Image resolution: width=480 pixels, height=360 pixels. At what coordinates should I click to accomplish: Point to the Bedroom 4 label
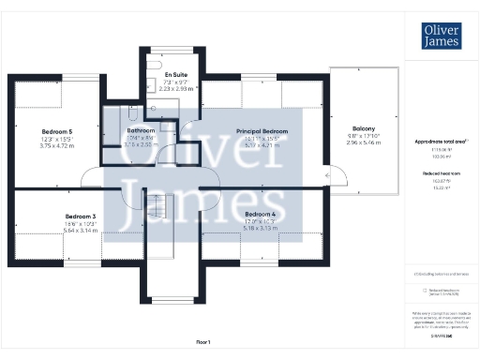pos(247,214)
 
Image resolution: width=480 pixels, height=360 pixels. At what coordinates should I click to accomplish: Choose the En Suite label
pos(175,74)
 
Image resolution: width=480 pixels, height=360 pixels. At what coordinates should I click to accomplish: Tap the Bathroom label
pos(141,130)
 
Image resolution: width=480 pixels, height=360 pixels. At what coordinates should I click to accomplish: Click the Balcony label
pos(364,128)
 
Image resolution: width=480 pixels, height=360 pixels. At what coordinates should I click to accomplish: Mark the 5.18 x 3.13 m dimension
pos(247,229)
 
